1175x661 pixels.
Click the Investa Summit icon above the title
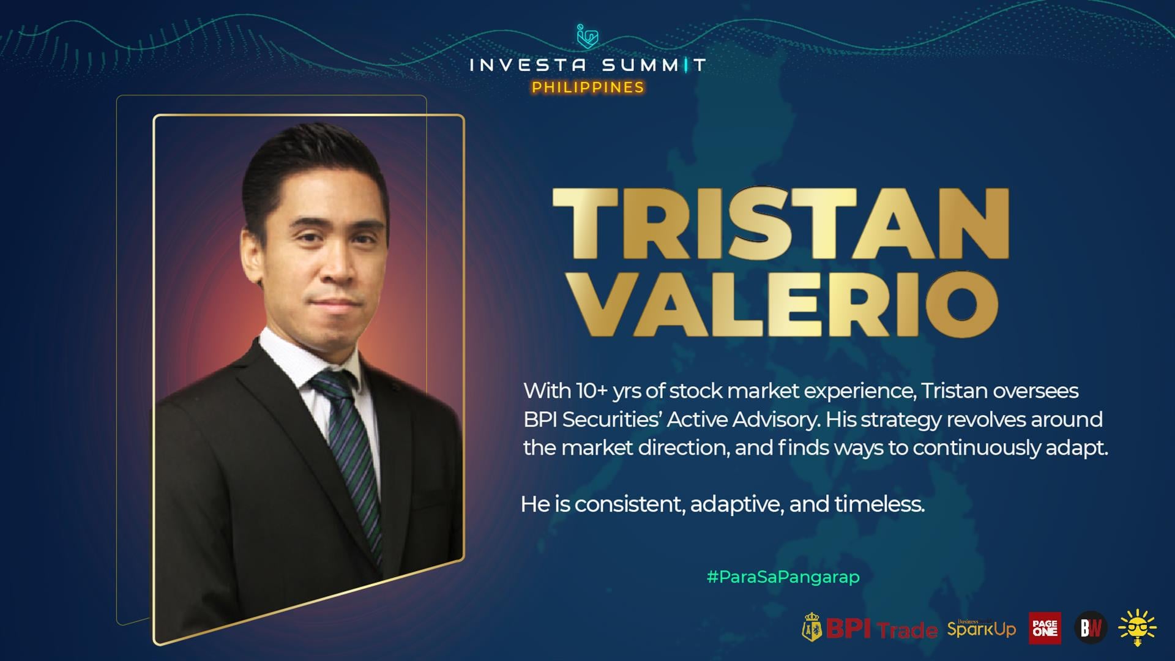pos(587,36)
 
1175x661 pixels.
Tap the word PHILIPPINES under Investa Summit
pos(588,88)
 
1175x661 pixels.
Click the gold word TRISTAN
pos(780,224)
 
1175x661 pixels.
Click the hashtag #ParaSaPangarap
pos(783,577)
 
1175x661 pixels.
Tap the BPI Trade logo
pos(870,627)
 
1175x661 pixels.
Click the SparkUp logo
pos(982,627)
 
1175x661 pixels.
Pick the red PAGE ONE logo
pos(1045,628)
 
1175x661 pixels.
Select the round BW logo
pos(1091,628)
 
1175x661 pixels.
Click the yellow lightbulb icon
pos(1137,628)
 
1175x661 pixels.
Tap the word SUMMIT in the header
pos(654,65)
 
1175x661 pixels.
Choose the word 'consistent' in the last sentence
pos(630,505)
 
